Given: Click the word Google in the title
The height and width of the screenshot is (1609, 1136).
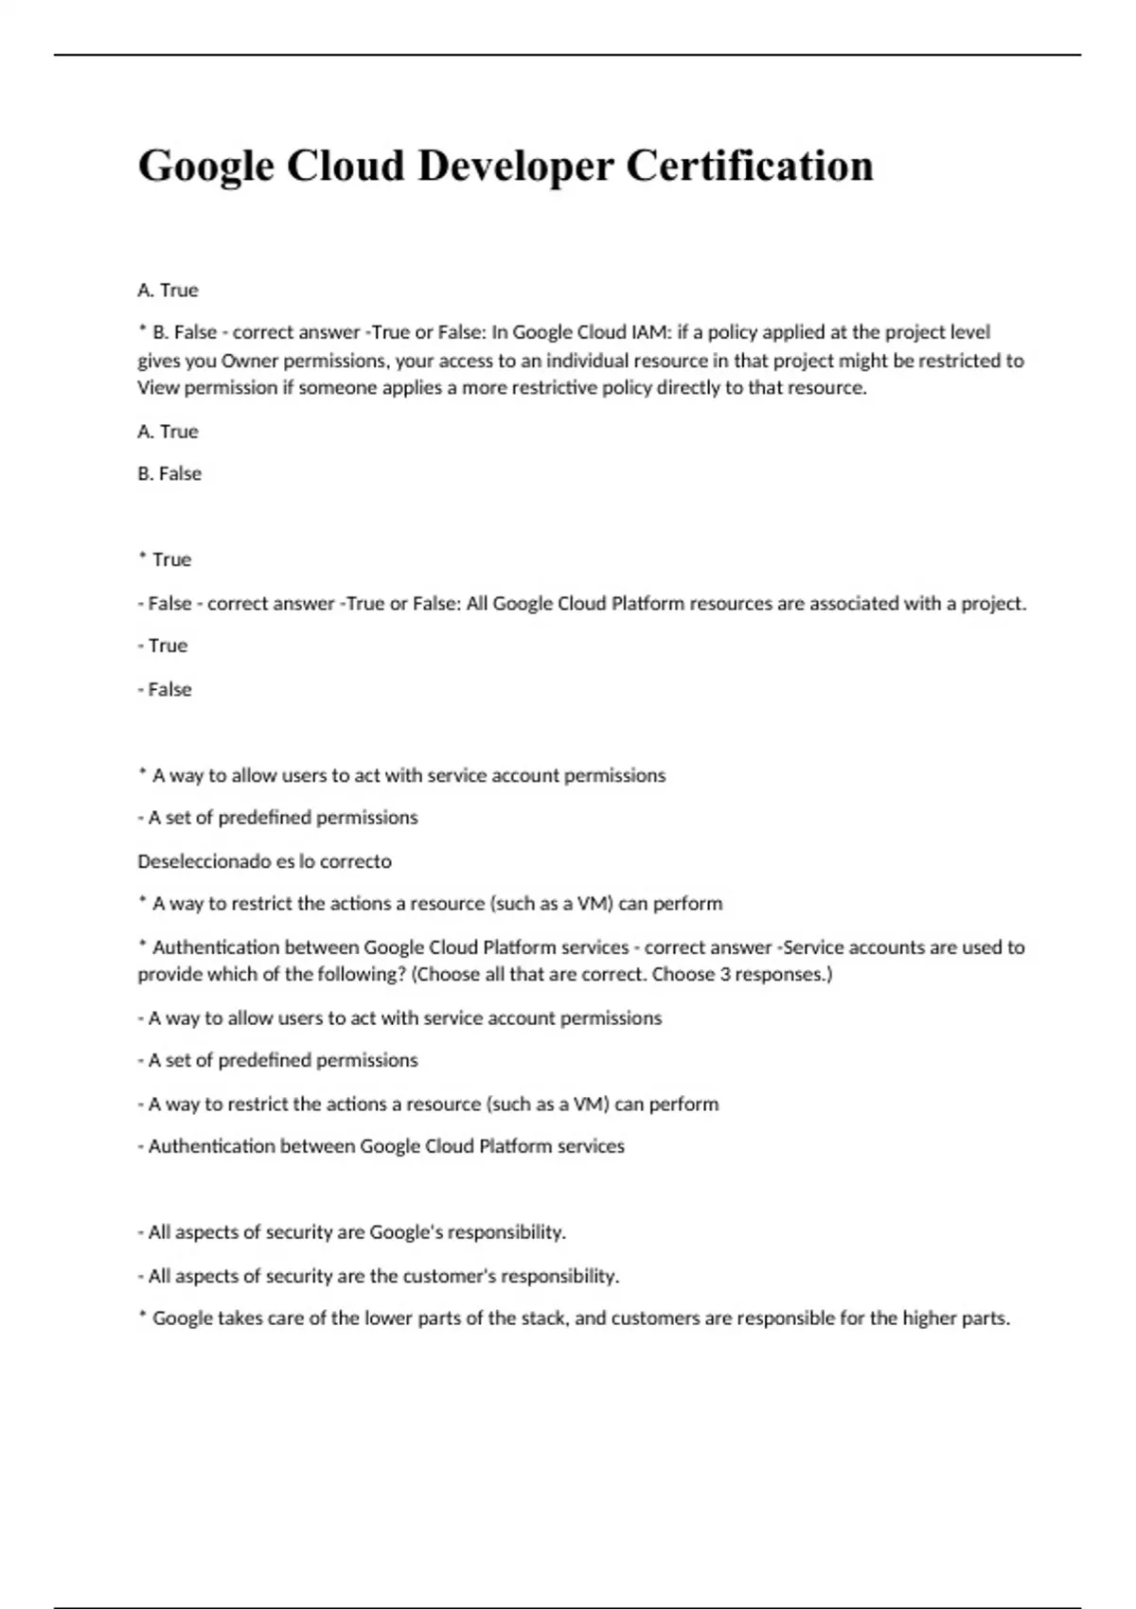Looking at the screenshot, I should coord(205,167).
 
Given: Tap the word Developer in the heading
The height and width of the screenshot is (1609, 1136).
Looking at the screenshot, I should coord(515,167).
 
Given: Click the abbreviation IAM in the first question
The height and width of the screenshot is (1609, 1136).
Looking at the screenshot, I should coord(649,332).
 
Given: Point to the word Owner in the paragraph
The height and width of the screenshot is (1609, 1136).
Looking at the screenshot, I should coord(249,361).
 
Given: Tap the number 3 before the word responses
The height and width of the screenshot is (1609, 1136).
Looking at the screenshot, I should coord(725,974).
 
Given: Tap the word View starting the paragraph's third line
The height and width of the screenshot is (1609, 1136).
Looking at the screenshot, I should coord(158,388).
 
